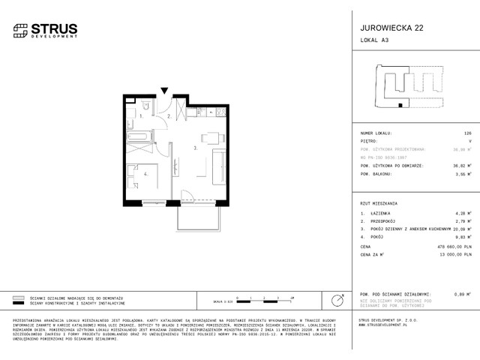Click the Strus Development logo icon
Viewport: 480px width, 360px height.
pyautogui.click(x=20, y=31)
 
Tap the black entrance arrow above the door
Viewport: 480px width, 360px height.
pyautogui.click(x=164, y=91)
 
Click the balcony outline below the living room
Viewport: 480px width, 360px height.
pyautogui.click(x=198, y=217)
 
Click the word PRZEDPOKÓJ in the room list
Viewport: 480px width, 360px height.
pyautogui.click(x=385, y=222)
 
